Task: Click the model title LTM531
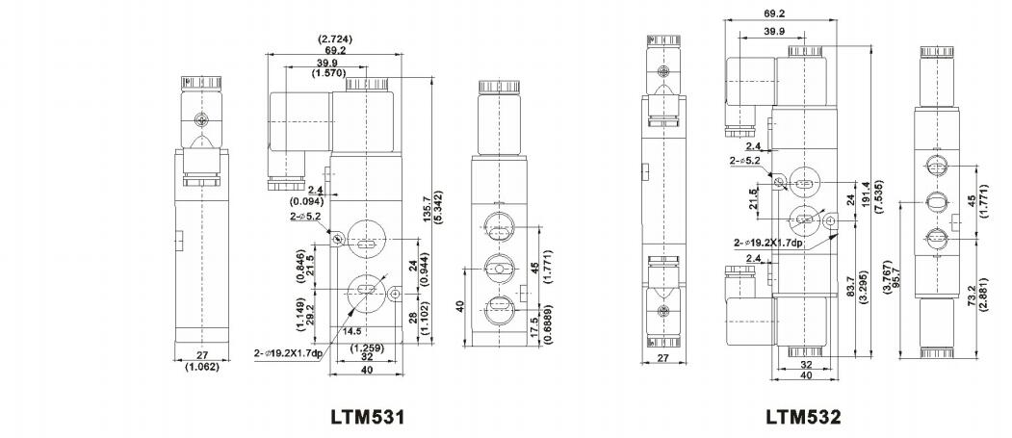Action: (368, 416)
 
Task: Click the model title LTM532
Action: (803, 417)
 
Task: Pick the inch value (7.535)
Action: (880, 194)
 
